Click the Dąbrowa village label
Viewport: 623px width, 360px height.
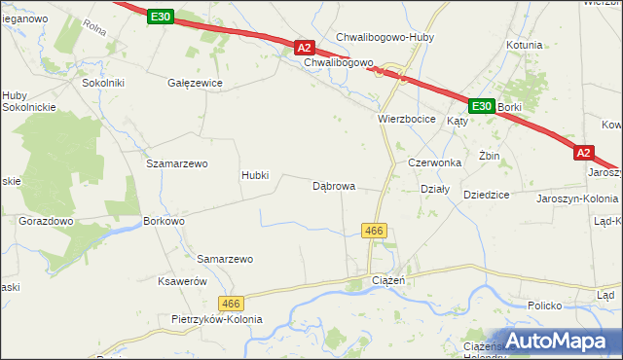click(x=333, y=185)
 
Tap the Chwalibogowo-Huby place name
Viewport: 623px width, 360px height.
click(x=385, y=37)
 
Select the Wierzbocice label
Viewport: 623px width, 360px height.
click(x=406, y=118)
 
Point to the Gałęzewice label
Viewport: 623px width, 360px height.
click(x=196, y=83)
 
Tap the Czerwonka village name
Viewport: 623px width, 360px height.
click(x=433, y=162)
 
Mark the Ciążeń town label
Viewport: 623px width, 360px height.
click(x=388, y=280)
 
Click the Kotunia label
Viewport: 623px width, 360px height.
click(x=524, y=45)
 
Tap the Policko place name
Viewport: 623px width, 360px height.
click(x=545, y=306)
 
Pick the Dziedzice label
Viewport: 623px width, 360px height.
click(x=487, y=195)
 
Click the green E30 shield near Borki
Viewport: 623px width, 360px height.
click(x=482, y=106)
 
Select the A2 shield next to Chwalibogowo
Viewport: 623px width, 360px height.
click(x=305, y=47)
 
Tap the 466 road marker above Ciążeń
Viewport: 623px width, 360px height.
click(x=374, y=231)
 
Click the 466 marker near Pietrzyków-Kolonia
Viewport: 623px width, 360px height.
click(x=231, y=304)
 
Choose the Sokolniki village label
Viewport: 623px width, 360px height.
click(x=103, y=83)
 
